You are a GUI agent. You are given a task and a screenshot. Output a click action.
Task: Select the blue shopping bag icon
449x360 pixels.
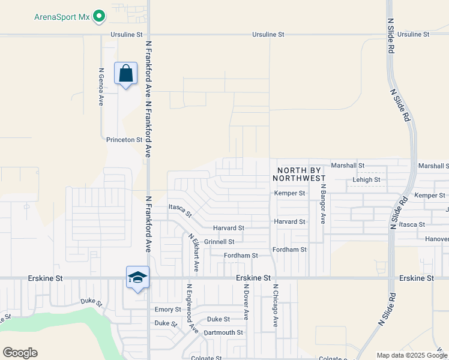point(126,74)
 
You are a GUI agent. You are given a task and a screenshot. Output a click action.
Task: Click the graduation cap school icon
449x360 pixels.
point(137,278)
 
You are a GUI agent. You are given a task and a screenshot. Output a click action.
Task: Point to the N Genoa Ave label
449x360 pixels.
point(101,87)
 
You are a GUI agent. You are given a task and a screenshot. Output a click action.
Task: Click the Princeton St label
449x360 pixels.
point(124,140)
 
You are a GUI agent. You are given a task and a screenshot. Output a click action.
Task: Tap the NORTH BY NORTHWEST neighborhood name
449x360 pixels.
point(299,174)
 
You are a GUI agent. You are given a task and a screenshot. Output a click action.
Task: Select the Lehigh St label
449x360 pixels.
point(366,179)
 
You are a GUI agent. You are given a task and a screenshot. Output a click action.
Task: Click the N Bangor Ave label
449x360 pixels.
point(322,204)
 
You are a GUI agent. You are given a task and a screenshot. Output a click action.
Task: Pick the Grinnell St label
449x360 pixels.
point(219,242)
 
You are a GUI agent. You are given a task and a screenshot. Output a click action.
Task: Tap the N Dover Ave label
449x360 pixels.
point(246,302)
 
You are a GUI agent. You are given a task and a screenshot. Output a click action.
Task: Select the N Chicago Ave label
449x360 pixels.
point(276,305)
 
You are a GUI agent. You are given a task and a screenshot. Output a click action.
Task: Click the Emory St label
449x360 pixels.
point(168,310)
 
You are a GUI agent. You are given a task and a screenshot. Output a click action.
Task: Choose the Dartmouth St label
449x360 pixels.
point(223,332)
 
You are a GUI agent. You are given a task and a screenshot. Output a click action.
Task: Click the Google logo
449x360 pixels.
point(20,353)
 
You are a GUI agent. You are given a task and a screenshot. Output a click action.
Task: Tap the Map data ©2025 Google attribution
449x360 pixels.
point(411,355)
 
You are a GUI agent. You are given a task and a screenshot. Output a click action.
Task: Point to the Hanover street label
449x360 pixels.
point(437,239)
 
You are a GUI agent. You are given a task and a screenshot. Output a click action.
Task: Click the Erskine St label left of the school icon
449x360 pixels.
point(46,279)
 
